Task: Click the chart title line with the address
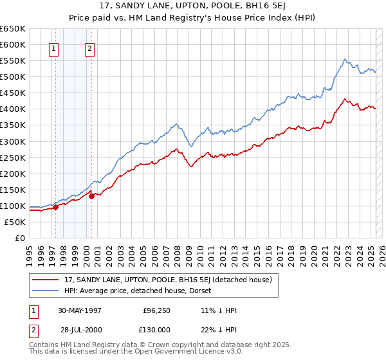(193, 7)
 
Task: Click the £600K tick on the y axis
(13, 45)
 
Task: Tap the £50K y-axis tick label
(15, 222)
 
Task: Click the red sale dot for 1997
(56, 207)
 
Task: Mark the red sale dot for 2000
(92, 196)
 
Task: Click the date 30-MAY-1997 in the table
(80, 310)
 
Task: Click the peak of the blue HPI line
(345, 59)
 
